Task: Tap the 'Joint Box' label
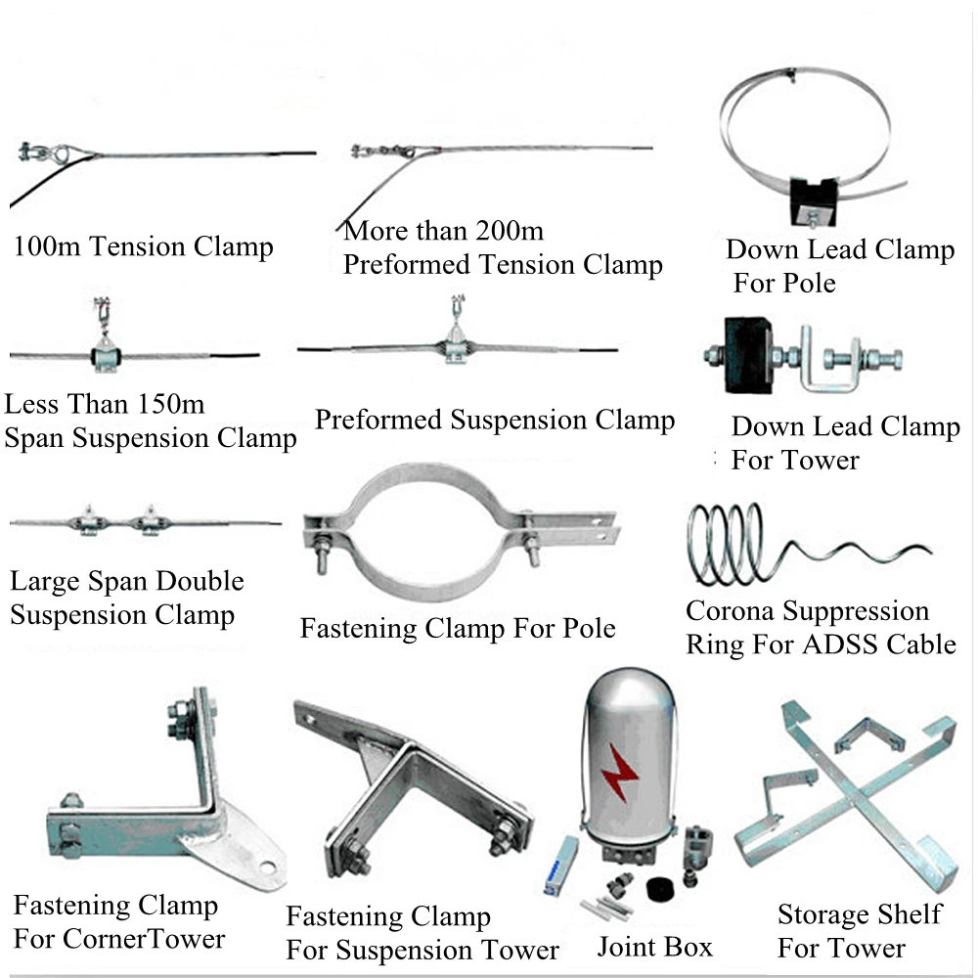point(654,947)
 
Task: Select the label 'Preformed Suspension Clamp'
point(494,421)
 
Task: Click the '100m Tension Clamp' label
point(143,245)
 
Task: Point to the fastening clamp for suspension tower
point(416,792)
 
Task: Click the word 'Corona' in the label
point(730,611)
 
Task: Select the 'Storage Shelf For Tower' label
point(859,931)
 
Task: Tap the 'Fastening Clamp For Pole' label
point(458,627)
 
